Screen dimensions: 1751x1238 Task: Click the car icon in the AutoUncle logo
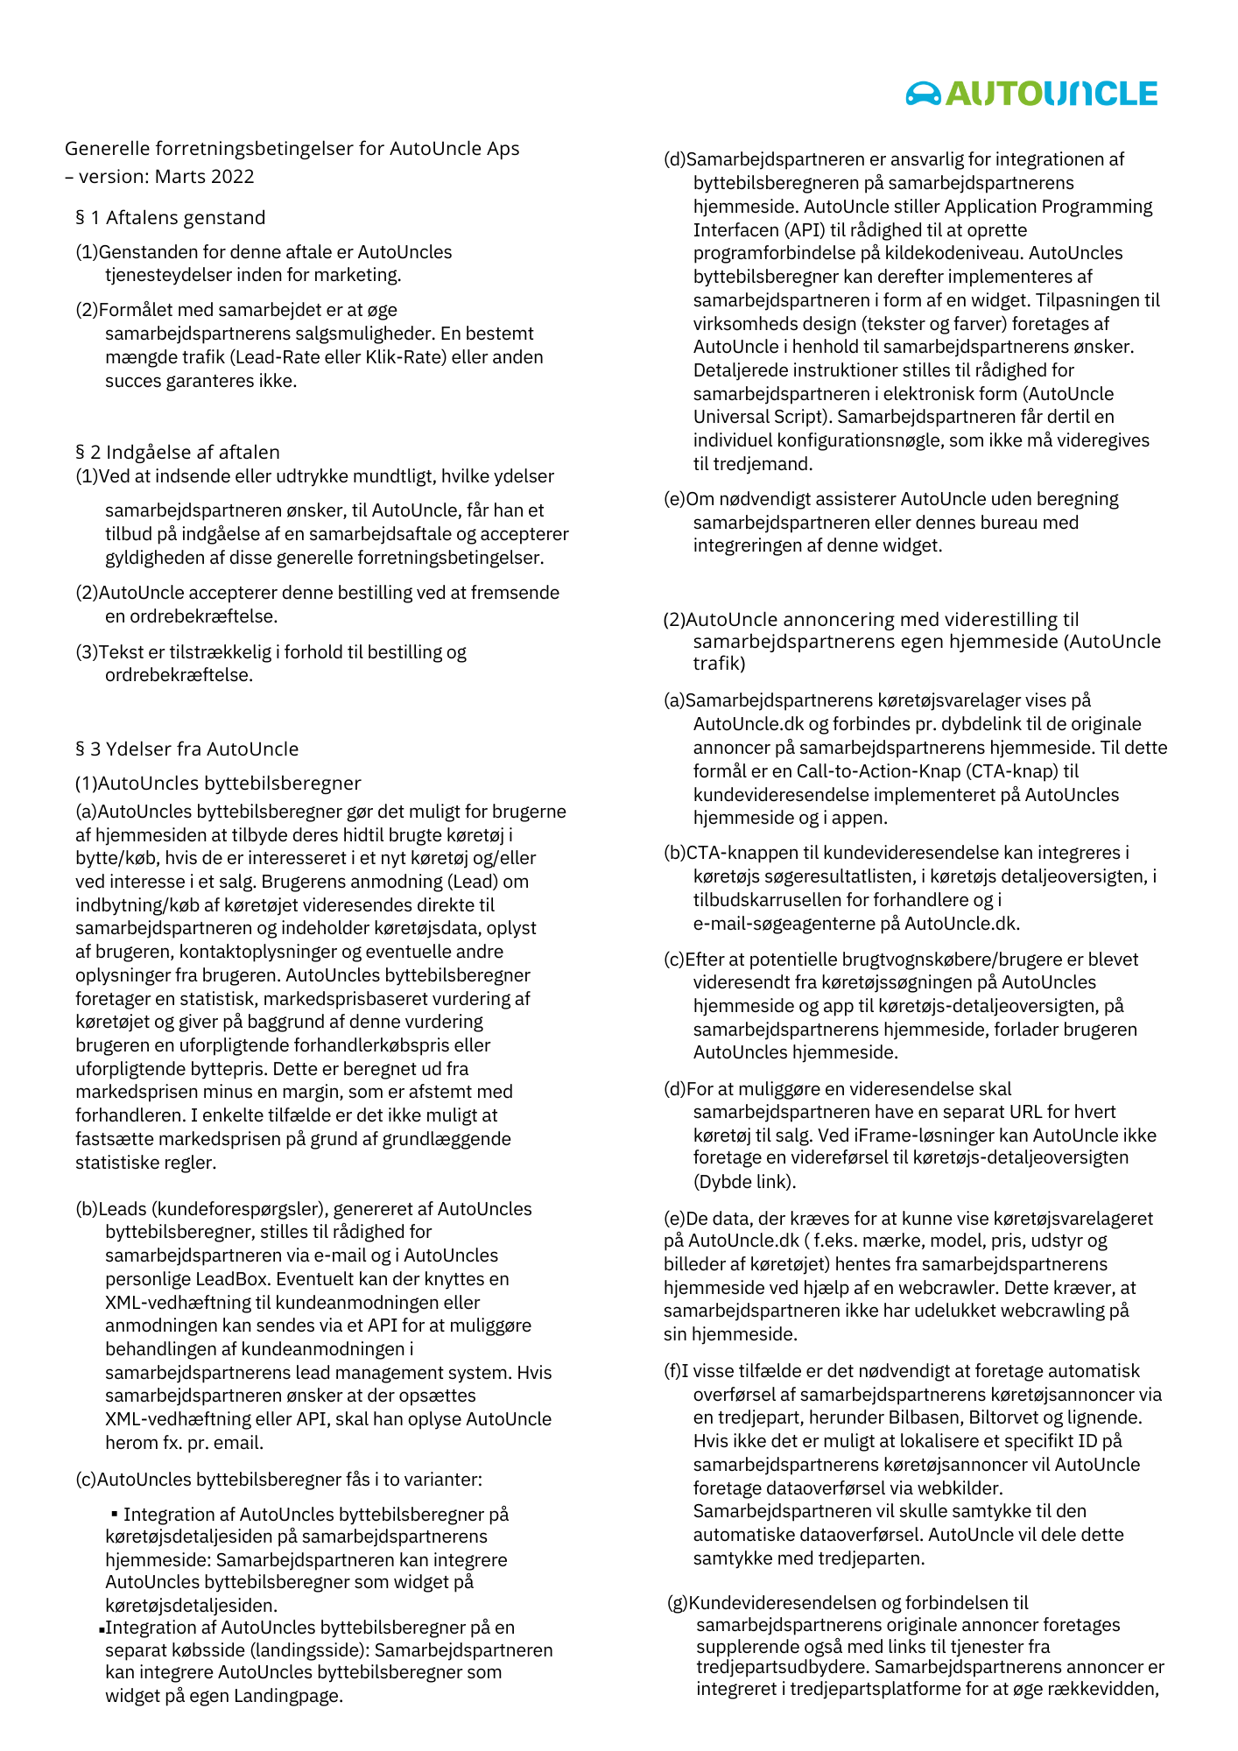pos(923,93)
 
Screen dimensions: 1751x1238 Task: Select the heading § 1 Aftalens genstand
pos(171,218)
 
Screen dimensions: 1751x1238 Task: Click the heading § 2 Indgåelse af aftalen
pos(178,453)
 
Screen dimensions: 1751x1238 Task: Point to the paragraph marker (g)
pos(677,1603)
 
